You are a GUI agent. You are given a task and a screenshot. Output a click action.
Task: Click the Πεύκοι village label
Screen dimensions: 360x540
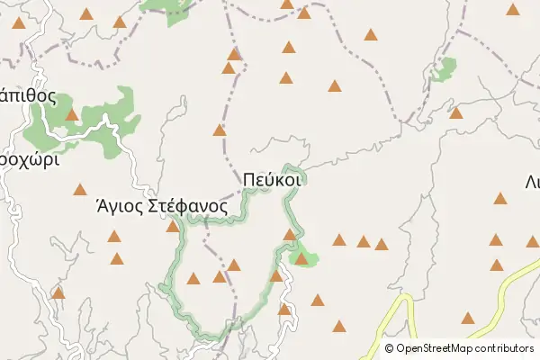click(272, 179)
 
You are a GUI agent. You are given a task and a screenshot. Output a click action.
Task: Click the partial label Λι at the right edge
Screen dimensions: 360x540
click(532, 180)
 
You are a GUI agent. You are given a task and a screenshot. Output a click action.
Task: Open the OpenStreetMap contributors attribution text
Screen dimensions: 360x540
click(464, 347)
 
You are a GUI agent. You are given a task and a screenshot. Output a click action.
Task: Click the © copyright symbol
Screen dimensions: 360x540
click(389, 347)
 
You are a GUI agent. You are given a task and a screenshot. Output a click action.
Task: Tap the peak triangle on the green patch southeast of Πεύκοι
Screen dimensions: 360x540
click(301, 259)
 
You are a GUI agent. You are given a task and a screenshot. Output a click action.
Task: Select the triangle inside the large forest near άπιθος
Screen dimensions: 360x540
click(71, 114)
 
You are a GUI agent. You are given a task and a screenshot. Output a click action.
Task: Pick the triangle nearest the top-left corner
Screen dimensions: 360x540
click(19, 25)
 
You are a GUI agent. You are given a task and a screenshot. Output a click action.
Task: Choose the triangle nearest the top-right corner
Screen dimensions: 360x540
click(513, 10)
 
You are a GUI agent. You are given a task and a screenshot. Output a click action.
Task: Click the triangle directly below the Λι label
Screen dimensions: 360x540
click(500, 198)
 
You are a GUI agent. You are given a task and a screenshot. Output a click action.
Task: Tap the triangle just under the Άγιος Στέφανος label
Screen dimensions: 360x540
click(172, 226)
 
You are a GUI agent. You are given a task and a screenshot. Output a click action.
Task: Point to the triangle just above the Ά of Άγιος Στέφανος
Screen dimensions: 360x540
click(80, 189)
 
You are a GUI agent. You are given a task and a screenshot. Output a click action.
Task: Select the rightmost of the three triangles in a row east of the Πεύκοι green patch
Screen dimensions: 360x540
click(382, 244)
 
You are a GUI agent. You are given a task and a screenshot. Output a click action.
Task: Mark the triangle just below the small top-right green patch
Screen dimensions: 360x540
click(456, 112)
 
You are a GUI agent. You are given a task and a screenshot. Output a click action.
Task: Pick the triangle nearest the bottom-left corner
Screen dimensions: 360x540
click(58, 292)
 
